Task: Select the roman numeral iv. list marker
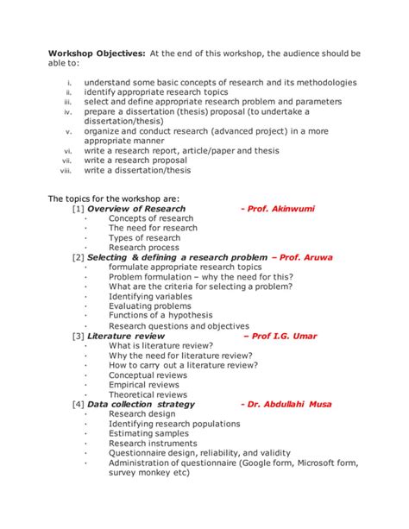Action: [x=67, y=112]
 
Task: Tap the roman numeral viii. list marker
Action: [x=66, y=170]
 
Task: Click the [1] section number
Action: [x=79, y=209]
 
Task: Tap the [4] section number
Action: [x=79, y=404]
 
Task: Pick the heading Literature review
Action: [x=129, y=336]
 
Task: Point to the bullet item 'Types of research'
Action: [x=144, y=238]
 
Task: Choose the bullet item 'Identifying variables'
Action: [x=151, y=297]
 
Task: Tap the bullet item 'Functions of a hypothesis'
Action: [x=162, y=316]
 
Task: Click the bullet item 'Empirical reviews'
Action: [x=146, y=385]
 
